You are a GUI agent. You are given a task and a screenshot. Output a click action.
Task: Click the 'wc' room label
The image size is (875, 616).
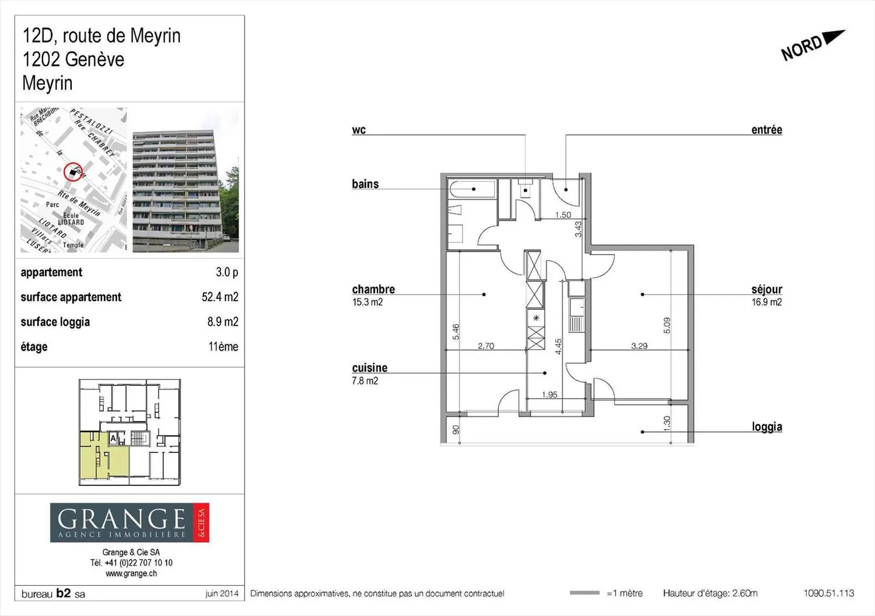point(359,130)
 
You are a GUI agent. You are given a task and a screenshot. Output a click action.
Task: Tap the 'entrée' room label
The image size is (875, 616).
point(766,130)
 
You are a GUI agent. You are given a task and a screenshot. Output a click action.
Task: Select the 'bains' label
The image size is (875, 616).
point(365,184)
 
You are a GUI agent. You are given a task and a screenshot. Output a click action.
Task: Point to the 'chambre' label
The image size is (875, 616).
point(373,290)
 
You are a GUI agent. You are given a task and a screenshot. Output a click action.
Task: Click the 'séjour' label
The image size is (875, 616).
point(766,290)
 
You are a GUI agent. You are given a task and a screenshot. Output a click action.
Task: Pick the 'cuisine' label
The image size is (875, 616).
point(369,368)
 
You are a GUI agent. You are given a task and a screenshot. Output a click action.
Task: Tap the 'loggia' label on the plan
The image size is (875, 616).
point(767,427)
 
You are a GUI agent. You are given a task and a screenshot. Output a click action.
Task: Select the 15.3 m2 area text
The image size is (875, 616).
point(368,303)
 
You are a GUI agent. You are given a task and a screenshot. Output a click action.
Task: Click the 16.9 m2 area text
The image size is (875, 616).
point(767,303)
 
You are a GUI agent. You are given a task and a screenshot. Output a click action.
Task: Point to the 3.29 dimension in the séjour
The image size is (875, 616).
point(639,346)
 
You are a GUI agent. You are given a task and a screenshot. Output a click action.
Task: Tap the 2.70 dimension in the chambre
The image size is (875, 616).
point(486,346)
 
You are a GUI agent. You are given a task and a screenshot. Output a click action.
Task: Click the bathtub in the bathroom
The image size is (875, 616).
point(472,190)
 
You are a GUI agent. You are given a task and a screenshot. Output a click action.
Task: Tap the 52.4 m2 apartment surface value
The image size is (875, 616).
point(220,297)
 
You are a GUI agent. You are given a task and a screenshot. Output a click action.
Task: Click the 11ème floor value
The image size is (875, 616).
point(223,347)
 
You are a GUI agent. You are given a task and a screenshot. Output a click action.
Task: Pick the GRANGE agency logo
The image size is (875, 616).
point(129,522)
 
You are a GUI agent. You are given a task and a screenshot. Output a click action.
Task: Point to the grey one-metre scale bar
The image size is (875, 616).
point(585,593)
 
